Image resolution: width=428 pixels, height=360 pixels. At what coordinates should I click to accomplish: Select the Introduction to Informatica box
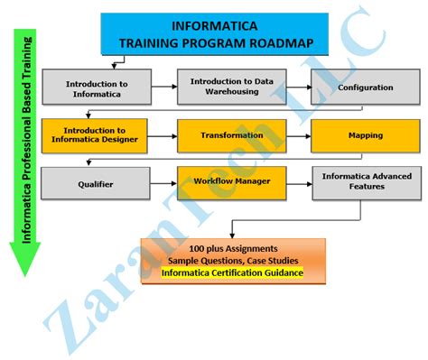tap(96, 88)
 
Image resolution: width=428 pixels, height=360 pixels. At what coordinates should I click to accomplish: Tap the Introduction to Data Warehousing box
tap(230, 86)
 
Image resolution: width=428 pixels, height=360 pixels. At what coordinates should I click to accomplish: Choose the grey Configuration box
tap(365, 88)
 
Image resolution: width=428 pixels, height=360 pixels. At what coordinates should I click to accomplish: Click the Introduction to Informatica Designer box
tap(96, 136)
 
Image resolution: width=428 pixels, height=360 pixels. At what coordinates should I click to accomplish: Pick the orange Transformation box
tap(230, 135)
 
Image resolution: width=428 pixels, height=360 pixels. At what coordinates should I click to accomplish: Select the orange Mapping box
tap(365, 136)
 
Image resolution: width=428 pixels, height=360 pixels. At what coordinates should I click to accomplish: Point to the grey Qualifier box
tap(96, 182)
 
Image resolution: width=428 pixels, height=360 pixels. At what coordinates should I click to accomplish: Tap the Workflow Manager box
tap(230, 181)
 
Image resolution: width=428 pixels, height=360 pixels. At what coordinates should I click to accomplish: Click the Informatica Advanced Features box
tap(365, 181)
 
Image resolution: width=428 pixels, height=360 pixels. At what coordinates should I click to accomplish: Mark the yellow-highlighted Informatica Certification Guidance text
tap(233, 272)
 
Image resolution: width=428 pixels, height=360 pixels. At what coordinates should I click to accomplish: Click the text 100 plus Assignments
tap(233, 247)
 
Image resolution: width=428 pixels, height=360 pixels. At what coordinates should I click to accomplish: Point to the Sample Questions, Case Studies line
tap(233, 260)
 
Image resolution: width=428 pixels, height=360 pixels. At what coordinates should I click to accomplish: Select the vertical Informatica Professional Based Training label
tap(25, 144)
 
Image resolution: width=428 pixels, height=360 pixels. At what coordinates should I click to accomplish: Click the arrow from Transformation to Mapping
tap(297, 136)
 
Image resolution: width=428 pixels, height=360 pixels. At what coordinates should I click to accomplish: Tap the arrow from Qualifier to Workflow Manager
tap(163, 182)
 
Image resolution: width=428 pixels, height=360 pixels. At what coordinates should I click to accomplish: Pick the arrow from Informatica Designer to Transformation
tap(163, 136)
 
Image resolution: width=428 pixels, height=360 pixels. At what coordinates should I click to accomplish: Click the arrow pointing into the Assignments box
tap(234, 230)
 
